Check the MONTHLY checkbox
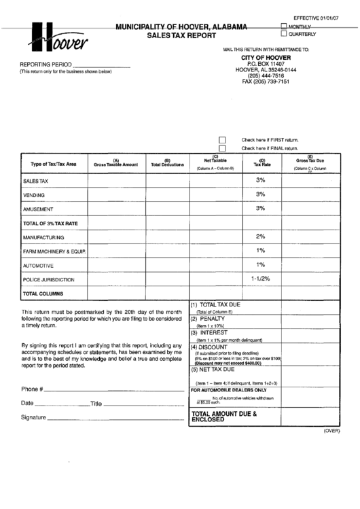tap(283, 27)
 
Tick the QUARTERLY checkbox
tap(283, 33)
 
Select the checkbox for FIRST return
tap(221, 139)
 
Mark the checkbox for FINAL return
tap(221, 147)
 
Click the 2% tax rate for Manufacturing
tap(260, 236)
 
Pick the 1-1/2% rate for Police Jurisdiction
tap(260, 279)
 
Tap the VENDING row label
tap(34, 195)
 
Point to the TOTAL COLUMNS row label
tap(43, 294)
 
